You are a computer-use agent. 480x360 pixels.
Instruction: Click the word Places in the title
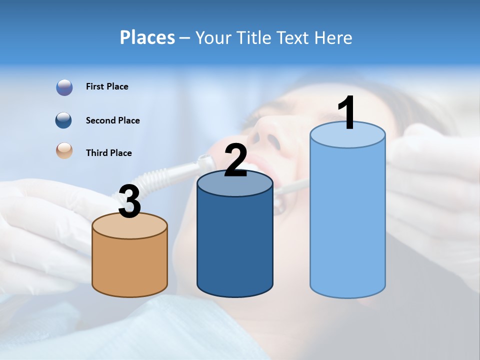click(x=147, y=37)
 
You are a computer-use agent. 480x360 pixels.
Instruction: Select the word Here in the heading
click(x=333, y=37)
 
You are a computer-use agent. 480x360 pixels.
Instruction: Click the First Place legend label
click(x=107, y=86)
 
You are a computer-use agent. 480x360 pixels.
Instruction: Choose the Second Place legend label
click(x=112, y=120)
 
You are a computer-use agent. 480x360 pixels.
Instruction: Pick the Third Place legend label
click(x=108, y=153)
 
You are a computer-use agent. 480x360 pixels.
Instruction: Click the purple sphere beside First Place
click(x=64, y=87)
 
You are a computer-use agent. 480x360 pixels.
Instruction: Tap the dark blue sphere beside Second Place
click(x=64, y=120)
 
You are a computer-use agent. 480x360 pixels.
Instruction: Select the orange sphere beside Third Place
click(x=64, y=150)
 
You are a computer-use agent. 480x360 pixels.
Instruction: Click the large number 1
click(x=347, y=113)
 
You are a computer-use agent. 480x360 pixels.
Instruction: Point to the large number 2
click(x=235, y=160)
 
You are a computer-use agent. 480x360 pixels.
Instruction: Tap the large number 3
click(x=129, y=201)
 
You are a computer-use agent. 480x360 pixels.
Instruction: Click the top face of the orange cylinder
click(x=129, y=226)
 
